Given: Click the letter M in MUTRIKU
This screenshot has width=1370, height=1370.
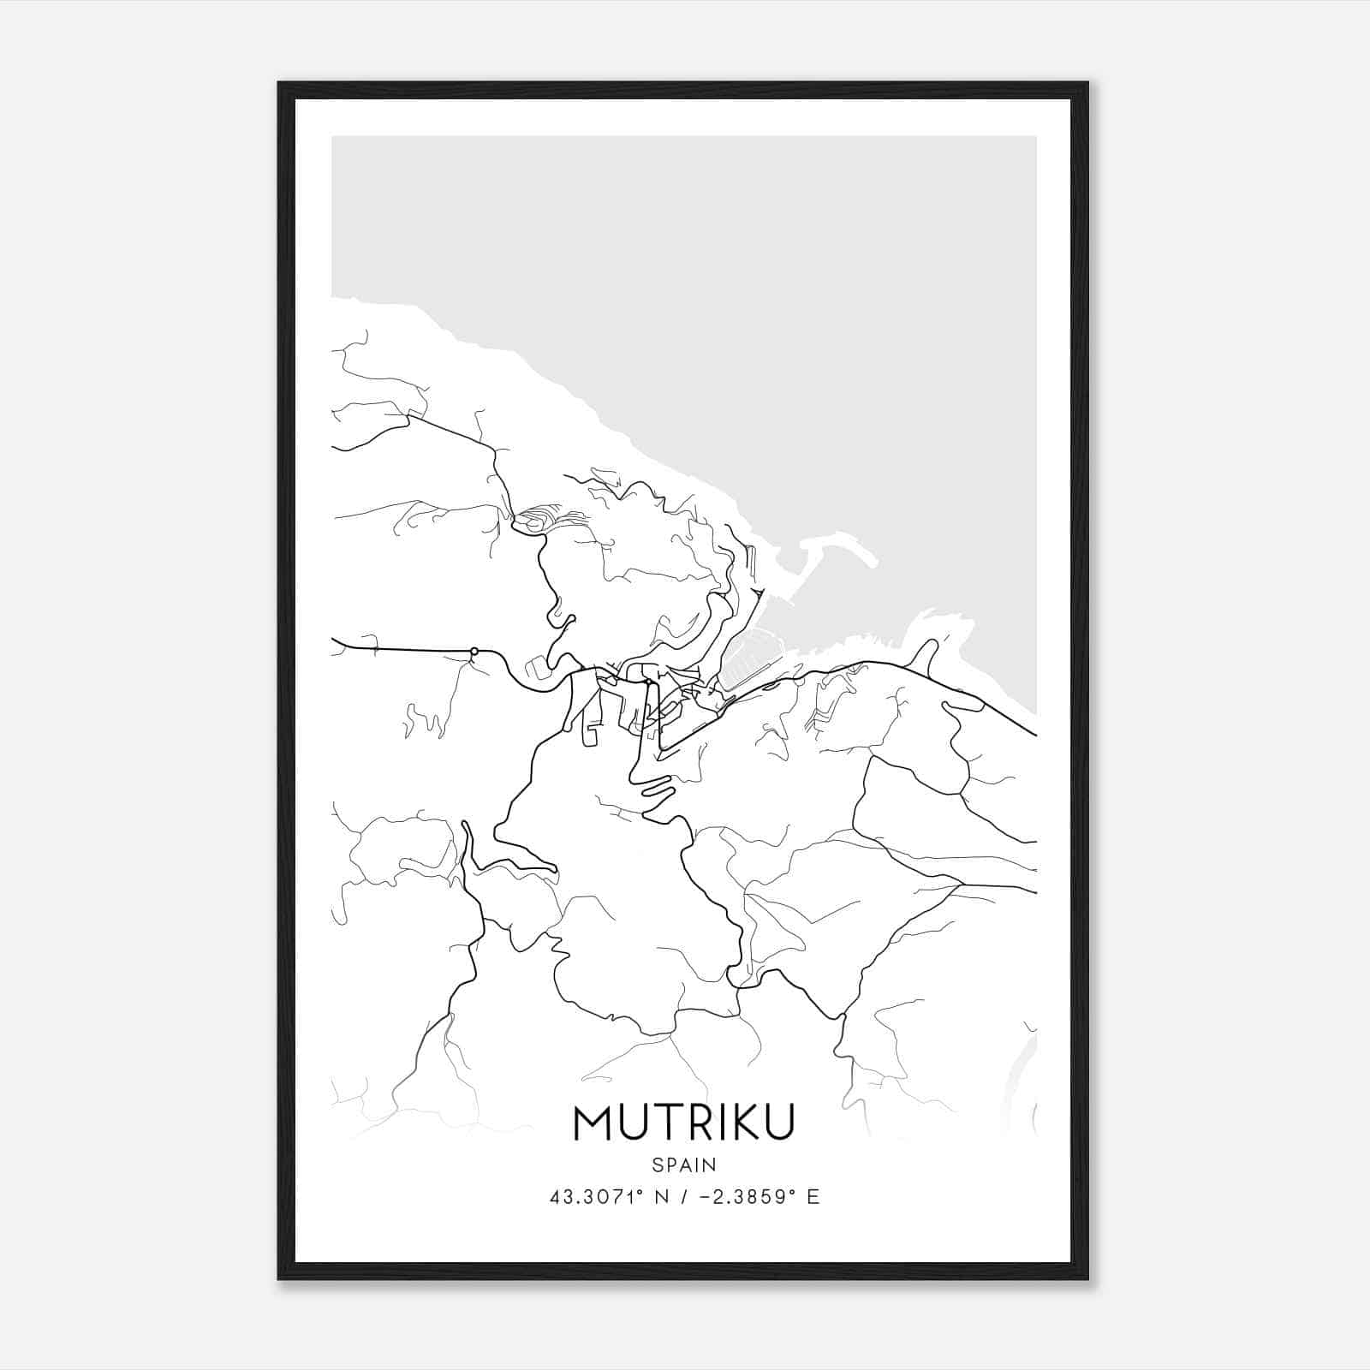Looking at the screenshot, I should click(593, 1123).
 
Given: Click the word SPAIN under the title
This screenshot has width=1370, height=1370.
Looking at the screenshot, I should click(684, 1164).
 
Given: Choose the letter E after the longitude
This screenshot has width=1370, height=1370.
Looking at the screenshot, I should click(813, 1196).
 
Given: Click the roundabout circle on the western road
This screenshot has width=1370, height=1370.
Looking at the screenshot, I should click(474, 652).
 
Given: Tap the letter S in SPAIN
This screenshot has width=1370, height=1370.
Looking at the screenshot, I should click(657, 1164).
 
